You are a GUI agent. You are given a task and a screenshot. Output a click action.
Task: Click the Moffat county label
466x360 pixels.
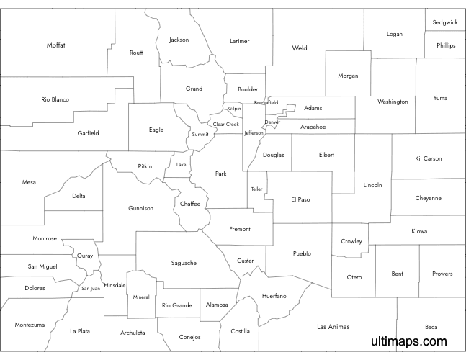click(56, 45)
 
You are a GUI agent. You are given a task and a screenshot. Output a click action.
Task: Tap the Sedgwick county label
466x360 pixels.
click(445, 22)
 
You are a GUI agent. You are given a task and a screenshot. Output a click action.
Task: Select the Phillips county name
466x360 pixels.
click(446, 45)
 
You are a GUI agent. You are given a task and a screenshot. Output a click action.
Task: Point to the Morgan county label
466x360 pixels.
click(348, 76)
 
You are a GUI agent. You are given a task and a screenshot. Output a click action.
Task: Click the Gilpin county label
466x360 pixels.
click(235, 108)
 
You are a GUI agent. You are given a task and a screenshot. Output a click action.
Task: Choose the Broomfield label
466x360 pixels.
click(266, 103)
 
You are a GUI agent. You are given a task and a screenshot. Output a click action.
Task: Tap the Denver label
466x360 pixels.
click(272, 122)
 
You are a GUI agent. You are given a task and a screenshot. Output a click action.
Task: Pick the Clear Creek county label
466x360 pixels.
click(225, 124)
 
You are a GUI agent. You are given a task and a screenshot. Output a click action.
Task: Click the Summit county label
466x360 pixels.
click(200, 135)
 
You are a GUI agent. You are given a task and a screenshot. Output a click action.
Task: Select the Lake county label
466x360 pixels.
click(181, 165)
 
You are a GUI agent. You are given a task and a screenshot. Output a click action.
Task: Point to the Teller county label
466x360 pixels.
click(257, 189)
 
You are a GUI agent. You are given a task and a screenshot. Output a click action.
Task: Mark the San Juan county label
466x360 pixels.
click(91, 289)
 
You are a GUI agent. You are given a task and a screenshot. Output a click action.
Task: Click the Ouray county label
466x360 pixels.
click(85, 256)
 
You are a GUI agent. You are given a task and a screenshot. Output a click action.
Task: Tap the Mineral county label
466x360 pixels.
click(141, 297)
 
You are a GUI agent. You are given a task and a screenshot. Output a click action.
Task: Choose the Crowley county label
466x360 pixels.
click(351, 241)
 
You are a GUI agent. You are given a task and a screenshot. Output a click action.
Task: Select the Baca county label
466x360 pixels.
click(431, 326)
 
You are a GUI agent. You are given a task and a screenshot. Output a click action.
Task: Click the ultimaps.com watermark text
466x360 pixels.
click(409, 342)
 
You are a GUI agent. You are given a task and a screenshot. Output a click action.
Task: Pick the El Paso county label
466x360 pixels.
click(300, 199)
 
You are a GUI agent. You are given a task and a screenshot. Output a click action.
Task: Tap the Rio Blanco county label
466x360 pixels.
click(55, 99)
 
